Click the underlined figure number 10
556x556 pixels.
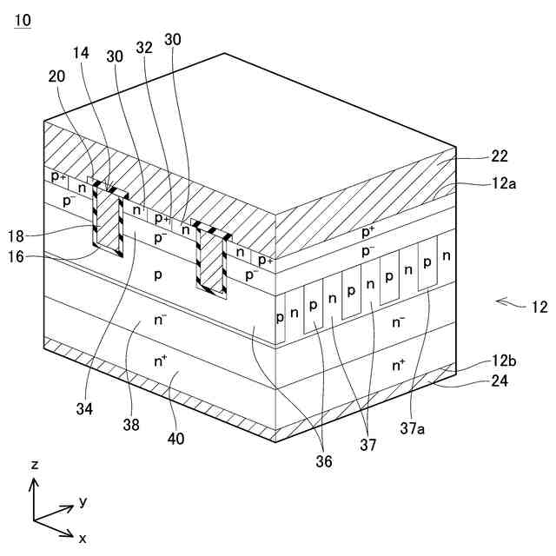pos(21,19)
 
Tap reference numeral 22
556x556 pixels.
pos(499,157)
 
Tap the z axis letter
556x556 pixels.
pos(35,465)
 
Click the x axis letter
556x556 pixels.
pos(83,539)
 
